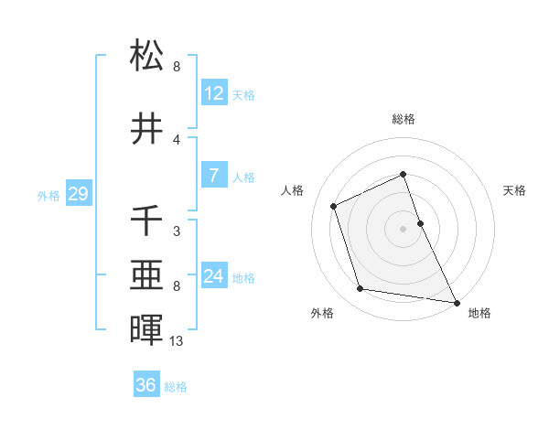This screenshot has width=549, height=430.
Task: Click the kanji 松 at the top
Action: [147, 57]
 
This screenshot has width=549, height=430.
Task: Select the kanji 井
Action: [147, 129]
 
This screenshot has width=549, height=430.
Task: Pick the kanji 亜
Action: [147, 275]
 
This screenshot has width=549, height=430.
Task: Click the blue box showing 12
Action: [214, 93]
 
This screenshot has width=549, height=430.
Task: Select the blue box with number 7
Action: [214, 176]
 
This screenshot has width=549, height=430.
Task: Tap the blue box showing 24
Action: [214, 276]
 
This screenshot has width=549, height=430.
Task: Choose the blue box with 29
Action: [78, 194]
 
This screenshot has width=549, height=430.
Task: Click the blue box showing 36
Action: [146, 385]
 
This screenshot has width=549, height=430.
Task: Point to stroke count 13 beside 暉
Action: [178, 341]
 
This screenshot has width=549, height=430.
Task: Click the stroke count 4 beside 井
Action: [177, 140]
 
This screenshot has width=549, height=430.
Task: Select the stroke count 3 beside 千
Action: [177, 231]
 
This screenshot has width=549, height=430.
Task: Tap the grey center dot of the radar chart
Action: [403, 228]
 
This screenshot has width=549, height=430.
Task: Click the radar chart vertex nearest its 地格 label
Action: [457, 302]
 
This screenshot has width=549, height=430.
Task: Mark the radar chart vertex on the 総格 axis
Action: [403, 175]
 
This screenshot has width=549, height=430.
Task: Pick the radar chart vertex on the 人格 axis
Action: [334, 206]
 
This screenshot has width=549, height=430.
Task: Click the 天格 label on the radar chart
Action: [514, 190]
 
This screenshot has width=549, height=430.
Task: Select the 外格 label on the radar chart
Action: [322, 313]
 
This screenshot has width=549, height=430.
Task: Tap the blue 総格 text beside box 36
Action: [176, 387]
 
